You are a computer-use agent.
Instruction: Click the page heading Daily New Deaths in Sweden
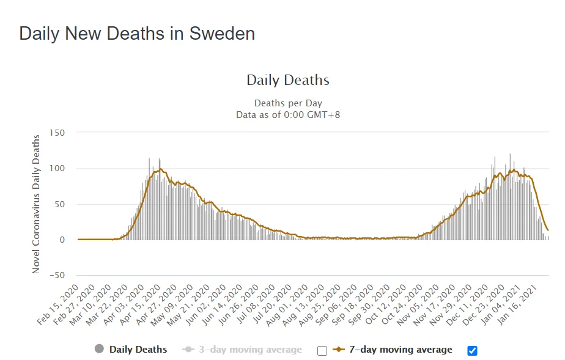coord(137,33)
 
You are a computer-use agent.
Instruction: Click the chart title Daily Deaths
coord(287,80)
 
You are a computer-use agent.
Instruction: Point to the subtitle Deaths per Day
coord(287,103)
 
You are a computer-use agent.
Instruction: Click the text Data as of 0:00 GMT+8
coord(287,114)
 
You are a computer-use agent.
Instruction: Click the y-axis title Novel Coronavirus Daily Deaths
coord(37,203)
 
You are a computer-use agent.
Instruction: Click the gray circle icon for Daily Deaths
coord(99,349)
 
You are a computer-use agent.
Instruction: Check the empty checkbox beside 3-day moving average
coord(322,350)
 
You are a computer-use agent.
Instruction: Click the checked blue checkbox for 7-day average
coord(471,350)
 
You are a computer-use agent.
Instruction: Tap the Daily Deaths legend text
coord(138,350)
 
